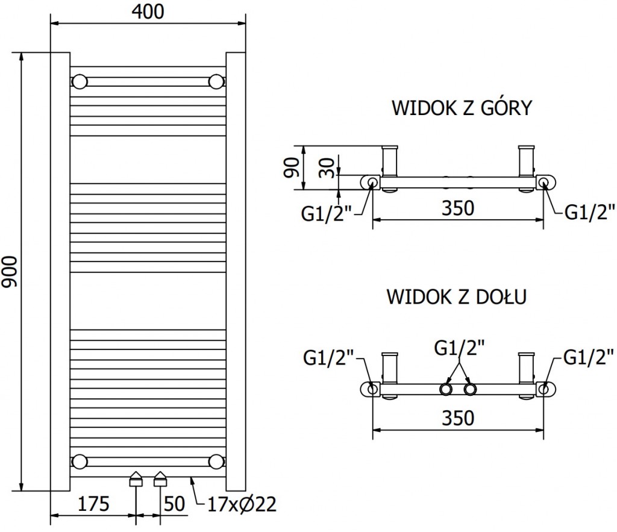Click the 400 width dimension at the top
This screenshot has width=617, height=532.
click(x=148, y=11)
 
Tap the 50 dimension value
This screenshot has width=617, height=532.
click(x=174, y=504)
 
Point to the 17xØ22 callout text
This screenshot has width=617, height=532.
click(x=236, y=504)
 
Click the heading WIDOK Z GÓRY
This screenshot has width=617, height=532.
click(x=462, y=108)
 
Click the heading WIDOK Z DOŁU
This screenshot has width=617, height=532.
click(x=457, y=297)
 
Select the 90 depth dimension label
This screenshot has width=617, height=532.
click(x=292, y=167)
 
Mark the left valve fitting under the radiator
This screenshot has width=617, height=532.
click(x=136, y=480)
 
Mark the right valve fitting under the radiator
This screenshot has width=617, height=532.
click(x=160, y=480)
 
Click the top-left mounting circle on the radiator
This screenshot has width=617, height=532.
click(x=80, y=81)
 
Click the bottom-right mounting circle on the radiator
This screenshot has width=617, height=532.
click(x=216, y=462)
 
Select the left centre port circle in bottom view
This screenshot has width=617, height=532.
click(x=446, y=389)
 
